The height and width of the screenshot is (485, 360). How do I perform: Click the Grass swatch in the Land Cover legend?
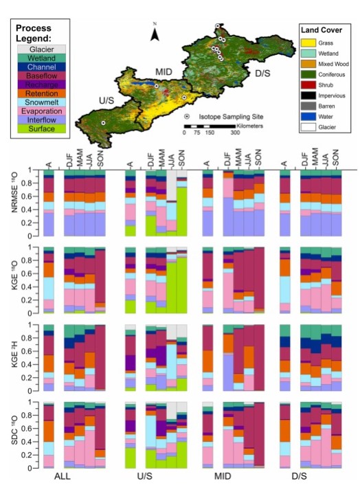coord(309,43)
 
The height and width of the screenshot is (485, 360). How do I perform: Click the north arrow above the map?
coord(156,32)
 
